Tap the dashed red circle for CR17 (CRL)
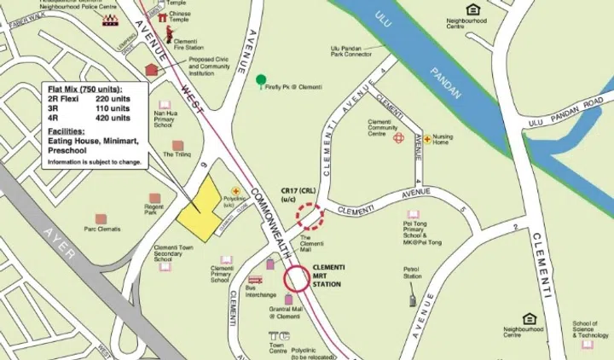point(310,216)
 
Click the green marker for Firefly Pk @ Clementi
point(261,79)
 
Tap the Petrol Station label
point(413,276)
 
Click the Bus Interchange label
point(256,292)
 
